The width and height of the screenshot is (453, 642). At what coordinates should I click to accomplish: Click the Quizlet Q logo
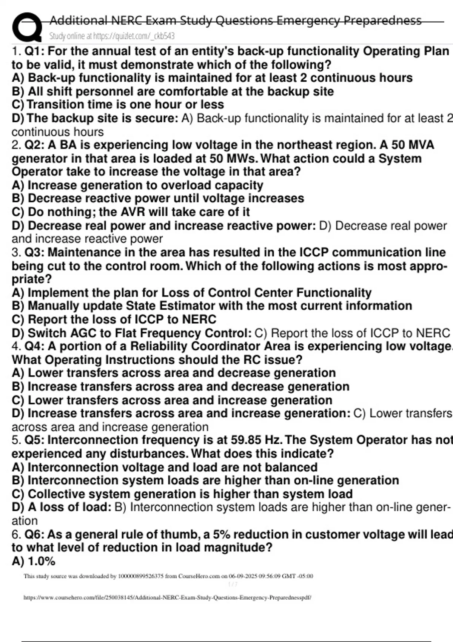[x=26, y=27]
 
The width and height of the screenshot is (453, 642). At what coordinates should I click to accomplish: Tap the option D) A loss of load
[x=61, y=507]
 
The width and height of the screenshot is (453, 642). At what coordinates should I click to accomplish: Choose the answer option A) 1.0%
[x=34, y=561]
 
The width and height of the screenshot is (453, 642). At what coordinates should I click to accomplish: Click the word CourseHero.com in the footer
[x=199, y=576]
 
